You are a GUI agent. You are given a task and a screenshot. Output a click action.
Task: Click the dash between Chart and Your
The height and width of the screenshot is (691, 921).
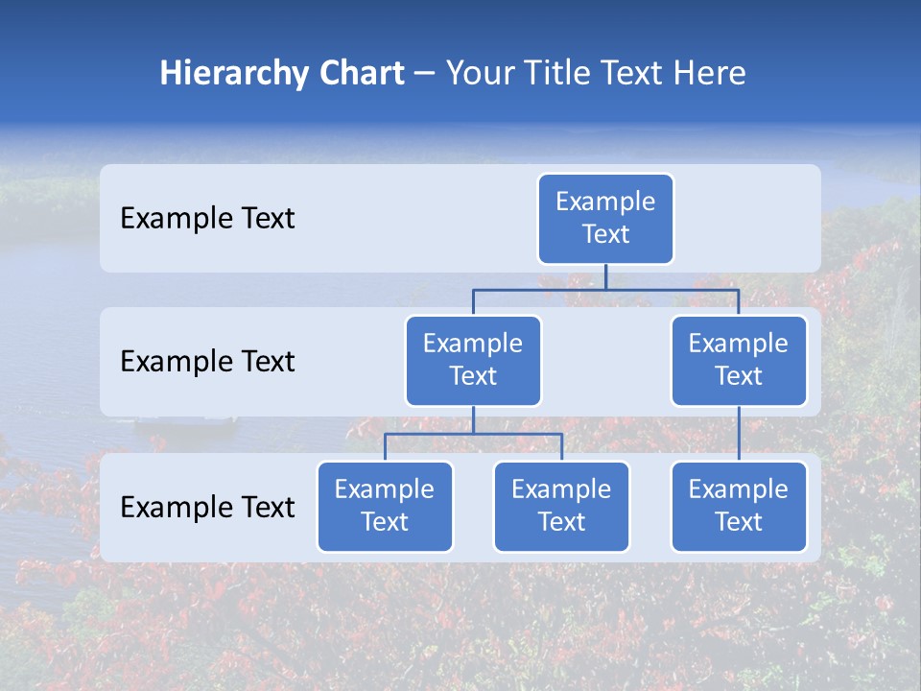click(425, 74)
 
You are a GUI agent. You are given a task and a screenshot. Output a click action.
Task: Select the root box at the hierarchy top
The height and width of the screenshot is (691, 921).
click(605, 218)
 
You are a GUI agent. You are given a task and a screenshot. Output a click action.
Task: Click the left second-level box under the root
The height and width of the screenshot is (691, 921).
click(473, 360)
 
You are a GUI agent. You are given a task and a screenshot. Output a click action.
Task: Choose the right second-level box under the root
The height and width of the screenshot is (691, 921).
click(739, 360)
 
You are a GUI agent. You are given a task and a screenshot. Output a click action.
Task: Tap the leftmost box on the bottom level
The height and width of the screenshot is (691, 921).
click(385, 506)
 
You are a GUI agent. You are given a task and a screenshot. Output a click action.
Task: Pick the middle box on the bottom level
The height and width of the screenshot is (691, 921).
click(561, 506)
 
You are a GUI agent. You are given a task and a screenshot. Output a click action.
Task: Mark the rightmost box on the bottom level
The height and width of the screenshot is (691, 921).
click(739, 506)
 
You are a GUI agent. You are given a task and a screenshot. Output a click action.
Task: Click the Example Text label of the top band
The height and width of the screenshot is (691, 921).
click(207, 219)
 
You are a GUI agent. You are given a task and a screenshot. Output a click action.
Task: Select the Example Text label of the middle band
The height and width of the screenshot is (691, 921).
click(207, 362)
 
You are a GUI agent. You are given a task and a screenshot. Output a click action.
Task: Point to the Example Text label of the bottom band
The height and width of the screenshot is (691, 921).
click(207, 508)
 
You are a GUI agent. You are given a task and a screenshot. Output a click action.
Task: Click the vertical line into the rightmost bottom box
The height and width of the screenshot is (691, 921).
click(739, 434)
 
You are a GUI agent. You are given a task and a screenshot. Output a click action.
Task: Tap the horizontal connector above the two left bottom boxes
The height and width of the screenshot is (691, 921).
click(473, 434)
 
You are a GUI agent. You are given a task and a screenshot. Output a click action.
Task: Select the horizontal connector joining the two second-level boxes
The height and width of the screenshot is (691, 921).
click(605, 289)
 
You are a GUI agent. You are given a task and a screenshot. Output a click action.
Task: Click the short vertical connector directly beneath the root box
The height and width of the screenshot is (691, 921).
click(605, 276)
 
